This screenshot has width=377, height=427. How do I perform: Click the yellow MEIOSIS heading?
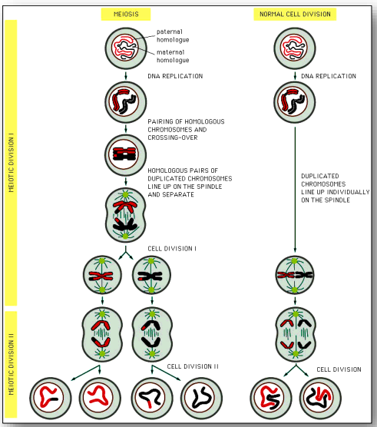[x=126, y=14]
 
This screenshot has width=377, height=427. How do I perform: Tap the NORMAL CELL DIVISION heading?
[x=295, y=14]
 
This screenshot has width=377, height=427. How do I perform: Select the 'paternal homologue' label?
[x=173, y=35]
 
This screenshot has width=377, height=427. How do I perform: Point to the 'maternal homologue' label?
[x=173, y=56]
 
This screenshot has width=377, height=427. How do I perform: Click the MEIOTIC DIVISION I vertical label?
[x=12, y=163]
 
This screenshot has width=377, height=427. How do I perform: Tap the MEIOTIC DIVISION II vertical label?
[x=12, y=364]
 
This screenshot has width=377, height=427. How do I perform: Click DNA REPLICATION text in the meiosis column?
[x=175, y=76]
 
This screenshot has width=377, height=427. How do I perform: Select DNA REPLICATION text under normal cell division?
[x=329, y=76]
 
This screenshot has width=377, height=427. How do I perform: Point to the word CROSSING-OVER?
[x=173, y=137]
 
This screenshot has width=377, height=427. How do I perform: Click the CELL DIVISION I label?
[x=172, y=249]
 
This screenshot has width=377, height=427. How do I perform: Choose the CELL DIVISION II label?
[x=193, y=366]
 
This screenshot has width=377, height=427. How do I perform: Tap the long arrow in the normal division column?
[x=295, y=190]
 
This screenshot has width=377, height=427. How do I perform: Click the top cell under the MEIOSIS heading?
[x=126, y=48]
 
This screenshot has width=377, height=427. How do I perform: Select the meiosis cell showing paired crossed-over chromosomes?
[x=125, y=155]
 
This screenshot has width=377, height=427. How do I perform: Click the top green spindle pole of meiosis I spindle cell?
[x=125, y=195]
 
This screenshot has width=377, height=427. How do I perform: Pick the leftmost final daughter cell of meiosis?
[x=51, y=398]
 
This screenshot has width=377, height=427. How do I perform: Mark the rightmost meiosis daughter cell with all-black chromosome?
[x=201, y=398]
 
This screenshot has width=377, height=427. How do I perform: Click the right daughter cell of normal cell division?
[x=320, y=398]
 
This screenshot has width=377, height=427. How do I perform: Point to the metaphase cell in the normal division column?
[x=295, y=275]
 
